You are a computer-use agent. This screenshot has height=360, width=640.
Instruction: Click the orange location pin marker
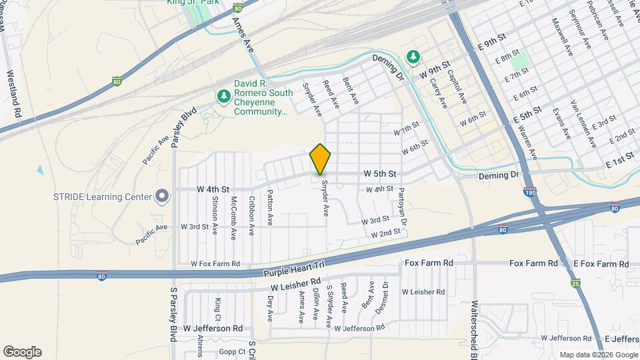pos(321,159)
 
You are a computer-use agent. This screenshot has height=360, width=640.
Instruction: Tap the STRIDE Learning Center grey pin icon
pos(161,195)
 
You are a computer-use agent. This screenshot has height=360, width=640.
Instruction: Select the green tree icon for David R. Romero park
pos(223,97)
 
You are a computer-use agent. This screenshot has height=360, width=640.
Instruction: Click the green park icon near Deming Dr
pos(414,57)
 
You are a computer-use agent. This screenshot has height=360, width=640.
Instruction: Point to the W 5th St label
pos(380,173)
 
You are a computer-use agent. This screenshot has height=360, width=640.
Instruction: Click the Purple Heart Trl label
pos(293,269)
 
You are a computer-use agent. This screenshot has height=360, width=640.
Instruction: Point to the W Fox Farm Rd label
pos(215,264)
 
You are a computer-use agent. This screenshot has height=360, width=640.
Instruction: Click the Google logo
pos(22,352)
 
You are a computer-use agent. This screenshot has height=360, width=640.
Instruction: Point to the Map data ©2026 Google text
pos(598,355)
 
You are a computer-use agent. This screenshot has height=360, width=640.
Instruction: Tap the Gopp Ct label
pos(233,351)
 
